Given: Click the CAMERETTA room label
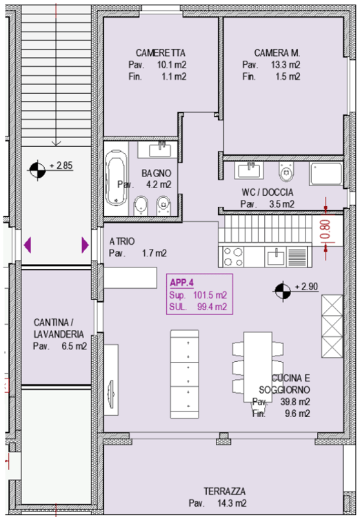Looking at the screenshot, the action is [161, 53].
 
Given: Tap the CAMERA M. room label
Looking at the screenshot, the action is [277, 53].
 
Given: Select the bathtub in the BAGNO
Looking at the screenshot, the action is [117, 179].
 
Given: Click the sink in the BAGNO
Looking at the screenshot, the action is [160, 150].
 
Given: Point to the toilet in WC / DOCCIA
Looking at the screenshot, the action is [286, 171].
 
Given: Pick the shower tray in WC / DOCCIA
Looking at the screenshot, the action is [326, 174].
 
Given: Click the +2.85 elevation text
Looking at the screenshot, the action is [61, 165].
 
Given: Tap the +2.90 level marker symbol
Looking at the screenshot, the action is [283, 291].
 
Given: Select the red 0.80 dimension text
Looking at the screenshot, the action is [325, 229].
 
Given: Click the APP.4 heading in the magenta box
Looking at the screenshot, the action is [181, 283].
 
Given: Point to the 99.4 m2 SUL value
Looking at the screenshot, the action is [212, 307].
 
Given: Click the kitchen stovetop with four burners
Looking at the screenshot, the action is [233, 257].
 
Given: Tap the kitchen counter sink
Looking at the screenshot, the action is [276, 257].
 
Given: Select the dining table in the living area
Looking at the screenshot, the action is [258, 367].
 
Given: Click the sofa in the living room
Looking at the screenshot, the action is [184, 374].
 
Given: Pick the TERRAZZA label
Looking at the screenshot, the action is [224, 491].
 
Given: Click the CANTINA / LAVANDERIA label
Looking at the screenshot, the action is [59, 328].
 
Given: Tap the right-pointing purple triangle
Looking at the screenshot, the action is [85, 245].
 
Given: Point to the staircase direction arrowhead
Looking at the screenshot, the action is [56, 143].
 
